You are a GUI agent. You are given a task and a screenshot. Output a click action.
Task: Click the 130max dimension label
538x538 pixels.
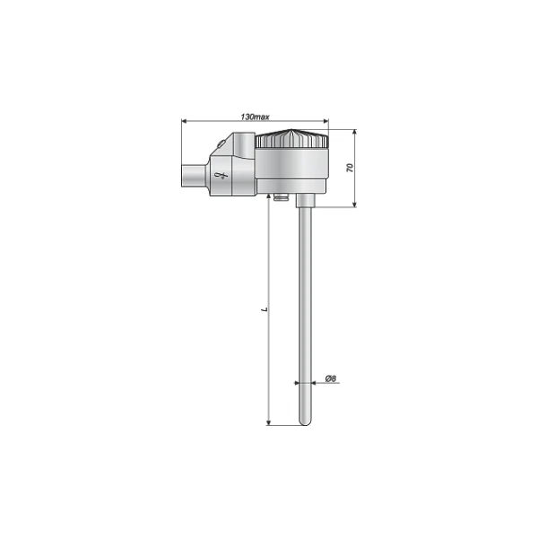[255, 117]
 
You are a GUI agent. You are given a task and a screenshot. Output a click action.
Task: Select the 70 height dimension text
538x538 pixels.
[350, 168]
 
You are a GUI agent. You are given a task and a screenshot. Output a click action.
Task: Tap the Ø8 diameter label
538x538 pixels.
[331, 378]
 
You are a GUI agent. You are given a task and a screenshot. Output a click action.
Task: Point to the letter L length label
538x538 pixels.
[265, 309]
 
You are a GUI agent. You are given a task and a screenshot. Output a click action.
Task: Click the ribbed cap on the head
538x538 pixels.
[292, 139]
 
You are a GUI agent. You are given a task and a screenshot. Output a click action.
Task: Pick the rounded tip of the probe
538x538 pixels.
[304, 421]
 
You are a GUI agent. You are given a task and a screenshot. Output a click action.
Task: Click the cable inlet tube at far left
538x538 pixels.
[194, 176]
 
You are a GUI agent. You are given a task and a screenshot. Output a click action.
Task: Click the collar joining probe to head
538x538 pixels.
[305, 200]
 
